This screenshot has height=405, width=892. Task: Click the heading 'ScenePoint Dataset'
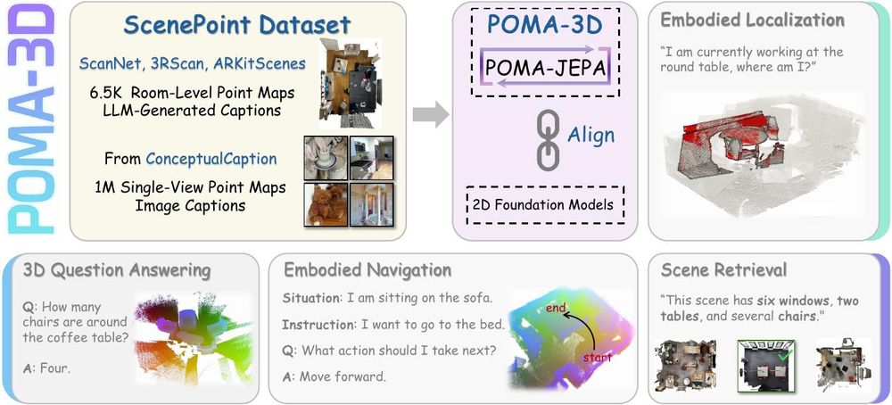pos(237,26)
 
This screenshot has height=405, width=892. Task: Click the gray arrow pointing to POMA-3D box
pos(431,115)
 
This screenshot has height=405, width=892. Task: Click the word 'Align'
pos(591,136)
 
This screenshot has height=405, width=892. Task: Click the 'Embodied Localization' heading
pos(752,21)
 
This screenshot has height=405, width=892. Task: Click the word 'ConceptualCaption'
pos(211,159)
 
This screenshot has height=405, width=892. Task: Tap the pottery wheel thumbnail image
pos(326,157)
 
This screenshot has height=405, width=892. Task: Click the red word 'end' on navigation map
pos(555,309)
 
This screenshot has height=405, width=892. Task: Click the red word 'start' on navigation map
pos(597,358)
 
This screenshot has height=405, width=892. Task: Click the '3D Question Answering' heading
pos(117,271)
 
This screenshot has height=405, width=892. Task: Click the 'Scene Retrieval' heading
pos(723,269)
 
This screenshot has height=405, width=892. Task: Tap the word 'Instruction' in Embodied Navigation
pos(318,325)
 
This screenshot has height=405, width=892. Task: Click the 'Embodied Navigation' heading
pos(368,271)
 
